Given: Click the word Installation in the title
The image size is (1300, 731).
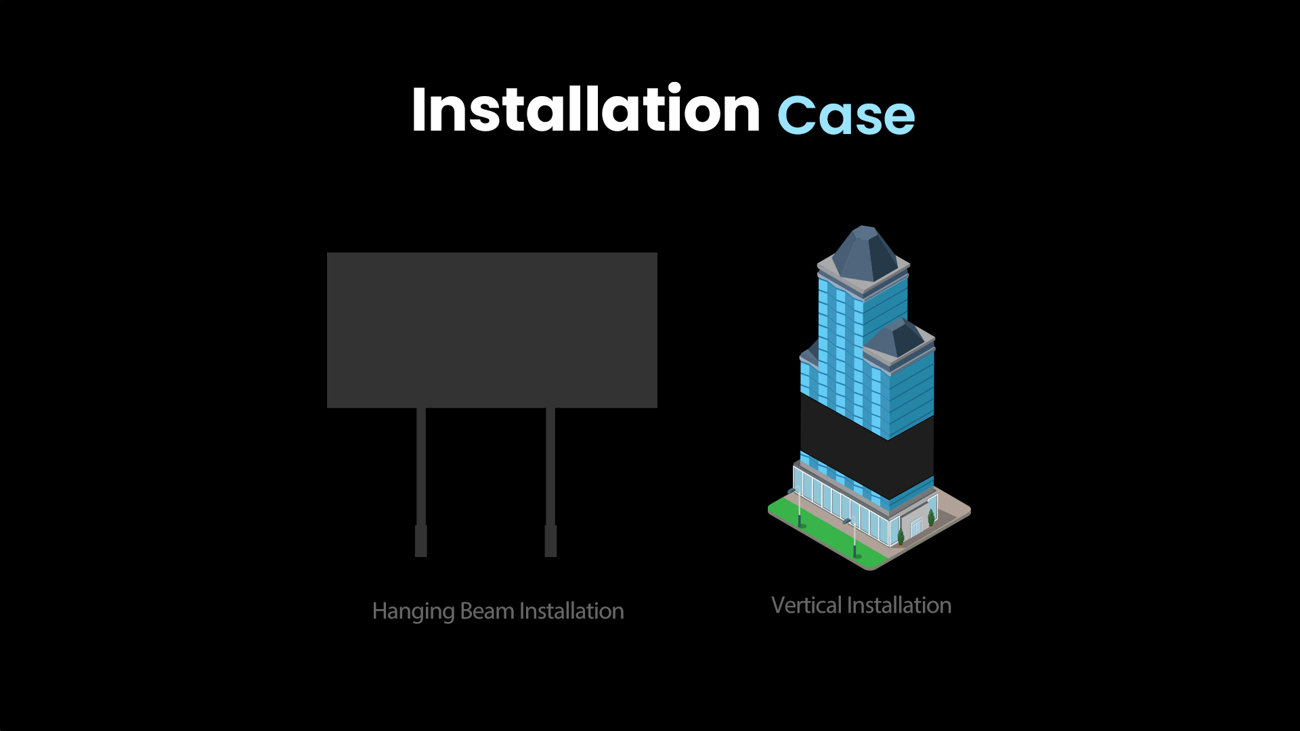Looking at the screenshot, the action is tap(586, 109).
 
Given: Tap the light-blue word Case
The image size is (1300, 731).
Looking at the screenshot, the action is tap(846, 115).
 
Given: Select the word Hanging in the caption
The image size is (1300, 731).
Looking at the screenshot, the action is tap(413, 612).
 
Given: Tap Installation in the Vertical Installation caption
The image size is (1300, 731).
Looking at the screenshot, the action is tap(899, 605).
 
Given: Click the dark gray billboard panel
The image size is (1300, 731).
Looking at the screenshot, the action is tap(492, 330).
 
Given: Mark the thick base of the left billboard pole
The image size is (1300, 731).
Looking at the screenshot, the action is tap(421, 541).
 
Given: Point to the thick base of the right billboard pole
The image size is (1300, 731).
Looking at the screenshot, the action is tap(550, 541).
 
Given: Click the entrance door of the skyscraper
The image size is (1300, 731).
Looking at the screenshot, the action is tap(915, 527).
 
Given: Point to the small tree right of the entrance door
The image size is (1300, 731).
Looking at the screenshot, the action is tap(931, 518).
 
